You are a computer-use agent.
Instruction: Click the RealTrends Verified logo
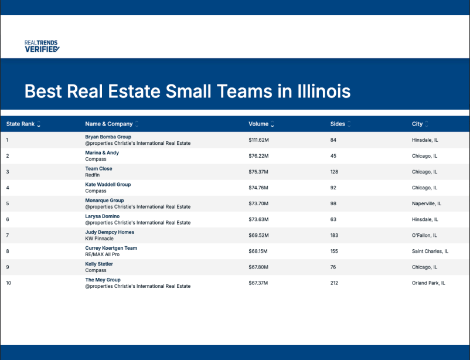42,46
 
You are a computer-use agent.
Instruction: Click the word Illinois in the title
323,91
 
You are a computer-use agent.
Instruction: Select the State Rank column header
21,124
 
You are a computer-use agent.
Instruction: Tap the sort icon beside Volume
272,124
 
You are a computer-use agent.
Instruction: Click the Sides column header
338,124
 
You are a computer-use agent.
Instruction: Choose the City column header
417,124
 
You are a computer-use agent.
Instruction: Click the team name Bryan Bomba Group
108,137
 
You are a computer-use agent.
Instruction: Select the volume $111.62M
258,140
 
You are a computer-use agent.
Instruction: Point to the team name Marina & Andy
102,152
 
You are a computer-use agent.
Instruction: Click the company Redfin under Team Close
93,175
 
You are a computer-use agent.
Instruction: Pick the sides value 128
334,172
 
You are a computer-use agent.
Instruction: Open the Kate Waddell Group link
108,185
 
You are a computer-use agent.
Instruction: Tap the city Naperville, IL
427,203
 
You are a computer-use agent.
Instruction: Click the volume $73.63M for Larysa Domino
258,220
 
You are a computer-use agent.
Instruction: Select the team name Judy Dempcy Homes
110,232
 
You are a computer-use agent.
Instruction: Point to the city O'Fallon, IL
424,236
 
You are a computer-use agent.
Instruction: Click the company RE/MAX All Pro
102,254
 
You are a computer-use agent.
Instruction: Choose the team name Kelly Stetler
99,264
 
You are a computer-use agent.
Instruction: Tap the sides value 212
334,283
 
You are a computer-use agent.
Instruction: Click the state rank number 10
9,283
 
